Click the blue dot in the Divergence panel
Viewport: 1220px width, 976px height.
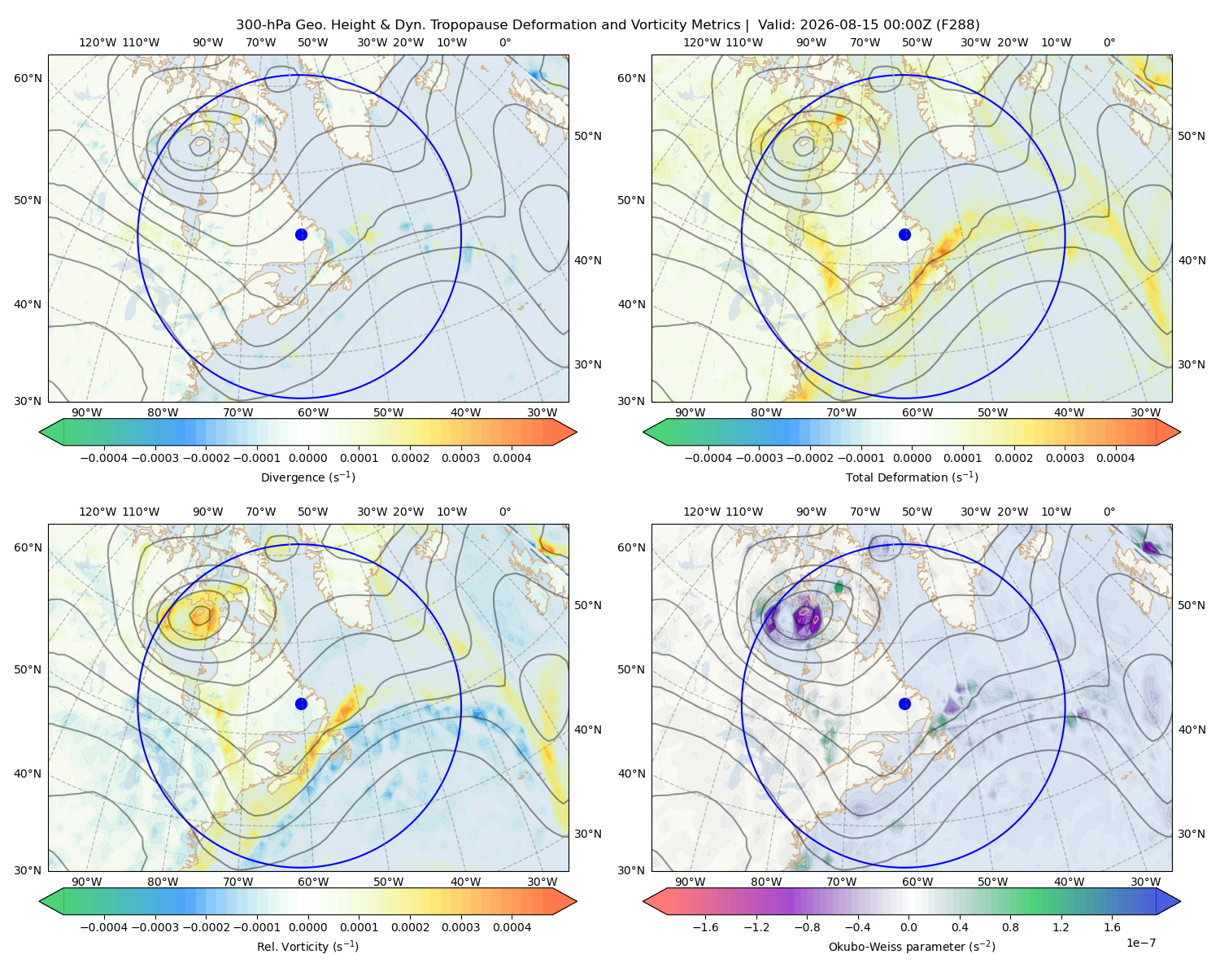click(x=301, y=234)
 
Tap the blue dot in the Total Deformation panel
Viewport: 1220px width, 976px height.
click(x=904, y=234)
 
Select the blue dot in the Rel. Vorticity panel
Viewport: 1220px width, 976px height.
click(x=301, y=704)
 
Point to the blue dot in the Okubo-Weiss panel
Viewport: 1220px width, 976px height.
click(x=904, y=704)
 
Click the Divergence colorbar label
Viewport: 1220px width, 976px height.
click(x=307, y=477)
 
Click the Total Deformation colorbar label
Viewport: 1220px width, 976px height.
click(x=912, y=477)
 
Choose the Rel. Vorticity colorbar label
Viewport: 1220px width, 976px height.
click(x=307, y=946)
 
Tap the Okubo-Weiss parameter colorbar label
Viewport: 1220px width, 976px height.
click(x=912, y=946)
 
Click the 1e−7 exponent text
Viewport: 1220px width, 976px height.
click(x=1140, y=943)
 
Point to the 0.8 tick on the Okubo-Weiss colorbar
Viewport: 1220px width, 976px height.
click(x=1010, y=927)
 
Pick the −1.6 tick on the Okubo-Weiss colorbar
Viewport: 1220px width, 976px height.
click(x=705, y=927)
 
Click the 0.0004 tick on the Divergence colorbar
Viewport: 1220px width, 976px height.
click(x=512, y=458)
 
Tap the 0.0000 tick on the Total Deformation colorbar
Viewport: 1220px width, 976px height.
click(x=912, y=458)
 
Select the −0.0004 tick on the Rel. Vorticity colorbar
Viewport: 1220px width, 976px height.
click(x=104, y=927)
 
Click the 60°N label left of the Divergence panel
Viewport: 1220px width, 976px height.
click(x=28, y=78)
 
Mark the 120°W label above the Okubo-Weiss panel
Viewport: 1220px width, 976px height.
click(x=701, y=512)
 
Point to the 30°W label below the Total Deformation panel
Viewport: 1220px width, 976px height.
click(x=1145, y=412)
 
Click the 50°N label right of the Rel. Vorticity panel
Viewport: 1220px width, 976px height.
click(x=588, y=605)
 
